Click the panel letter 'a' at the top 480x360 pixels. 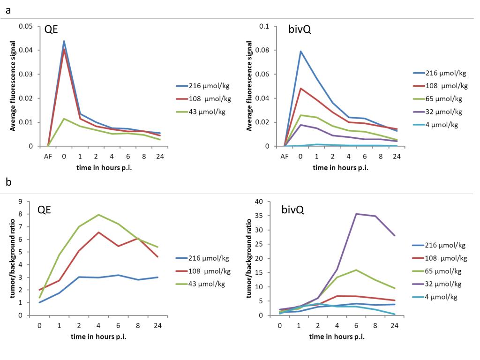(x=8, y=10)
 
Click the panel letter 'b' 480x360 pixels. (x=9, y=181)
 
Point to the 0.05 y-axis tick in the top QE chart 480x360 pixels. (x=26, y=26)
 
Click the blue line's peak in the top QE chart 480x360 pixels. (x=64, y=41)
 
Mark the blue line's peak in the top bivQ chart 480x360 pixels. (x=300, y=51)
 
